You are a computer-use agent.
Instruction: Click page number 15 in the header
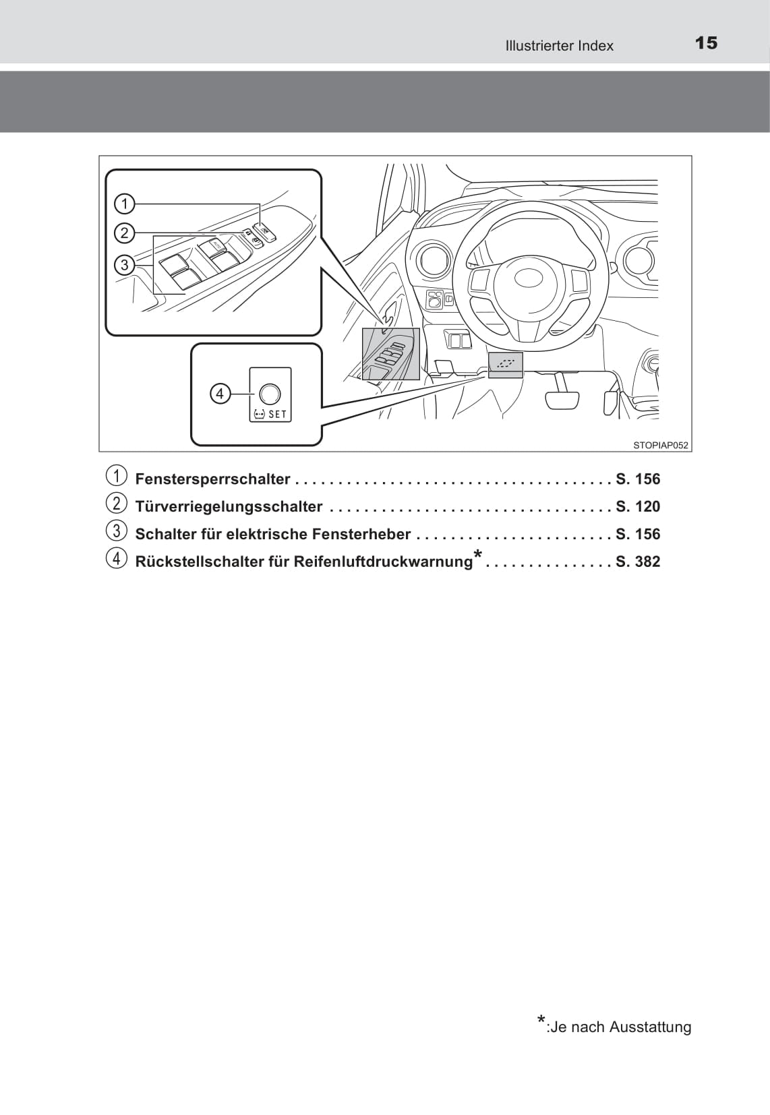(706, 43)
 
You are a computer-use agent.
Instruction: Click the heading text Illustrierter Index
(559, 46)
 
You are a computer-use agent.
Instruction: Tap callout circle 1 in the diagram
(125, 204)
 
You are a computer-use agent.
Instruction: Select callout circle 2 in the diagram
(125, 233)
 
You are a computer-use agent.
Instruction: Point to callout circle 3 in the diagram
(125, 264)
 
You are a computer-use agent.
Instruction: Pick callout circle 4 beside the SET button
(220, 393)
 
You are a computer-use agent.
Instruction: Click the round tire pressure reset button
(270, 394)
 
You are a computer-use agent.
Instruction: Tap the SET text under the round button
(277, 415)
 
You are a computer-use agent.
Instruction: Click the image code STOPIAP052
(660, 445)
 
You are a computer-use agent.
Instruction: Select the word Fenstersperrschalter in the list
(212, 479)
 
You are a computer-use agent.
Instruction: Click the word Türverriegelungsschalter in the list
(229, 507)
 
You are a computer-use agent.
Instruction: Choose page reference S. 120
(638, 507)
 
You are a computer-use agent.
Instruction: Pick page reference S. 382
(638, 562)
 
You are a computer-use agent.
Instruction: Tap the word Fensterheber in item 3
(369, 535)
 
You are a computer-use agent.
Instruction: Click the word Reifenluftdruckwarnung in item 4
(384, 562)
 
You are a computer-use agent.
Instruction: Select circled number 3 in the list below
(116, 531)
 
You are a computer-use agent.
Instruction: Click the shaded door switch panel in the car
(390, 354)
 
